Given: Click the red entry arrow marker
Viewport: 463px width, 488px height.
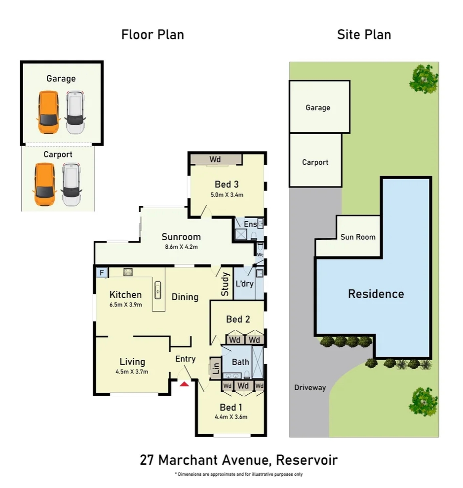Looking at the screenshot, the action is pyautogui.click(x=184, y=384).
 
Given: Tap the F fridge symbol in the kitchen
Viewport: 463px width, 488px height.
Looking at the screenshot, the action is pyautogui.click(x=102, y=273).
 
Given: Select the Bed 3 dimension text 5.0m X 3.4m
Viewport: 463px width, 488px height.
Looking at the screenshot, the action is pyautogui.click(x=227, y=195).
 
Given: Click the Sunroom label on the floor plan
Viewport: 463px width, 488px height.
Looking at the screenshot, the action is pyautogui.click(x=181, y=237).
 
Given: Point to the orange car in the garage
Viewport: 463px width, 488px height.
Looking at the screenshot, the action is pyautogui.click(x=48, y=113).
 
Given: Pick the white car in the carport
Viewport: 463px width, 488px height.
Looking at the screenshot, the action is pyautogui.click(x=71, y=185).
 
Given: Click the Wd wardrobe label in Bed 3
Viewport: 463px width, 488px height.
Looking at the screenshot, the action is pyautogui.click(x=215, y=159).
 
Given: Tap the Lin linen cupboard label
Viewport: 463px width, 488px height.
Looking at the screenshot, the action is pyautogui.click(x=216, y=368).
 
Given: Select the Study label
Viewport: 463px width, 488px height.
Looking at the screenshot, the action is pyautogui.click(x=225, y=284).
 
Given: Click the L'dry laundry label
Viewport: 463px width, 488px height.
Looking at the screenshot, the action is pyautogui.click(x=244, y=284).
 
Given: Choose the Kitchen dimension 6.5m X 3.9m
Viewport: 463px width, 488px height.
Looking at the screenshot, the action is pyautogui.click(x=125, y=304).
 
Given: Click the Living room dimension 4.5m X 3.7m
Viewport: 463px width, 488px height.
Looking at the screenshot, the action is pyautogui.click(x=132, y=372).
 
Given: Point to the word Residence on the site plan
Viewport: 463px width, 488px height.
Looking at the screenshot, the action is pyautogui.click(x=376, y=294).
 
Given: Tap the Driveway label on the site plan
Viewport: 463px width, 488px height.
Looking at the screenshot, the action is pyautogui.click(x=310, y=388).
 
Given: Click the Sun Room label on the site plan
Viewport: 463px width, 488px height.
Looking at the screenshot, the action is pyautogui.click(x=358, y=237).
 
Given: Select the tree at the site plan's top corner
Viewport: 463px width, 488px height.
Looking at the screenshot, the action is pyautogui.click(x=424, y=79).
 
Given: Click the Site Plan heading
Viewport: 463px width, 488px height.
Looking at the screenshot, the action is pyautogui.click(x=364, y=35).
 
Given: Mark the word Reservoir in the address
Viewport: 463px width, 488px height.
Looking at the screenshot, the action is pyautogui.click(x=307, y=460).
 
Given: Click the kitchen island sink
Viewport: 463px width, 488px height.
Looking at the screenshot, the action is pyautogui.click(x=158, y=290).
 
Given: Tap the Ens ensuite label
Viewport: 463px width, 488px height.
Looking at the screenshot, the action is pyautogui.click(x=250, y=224).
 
